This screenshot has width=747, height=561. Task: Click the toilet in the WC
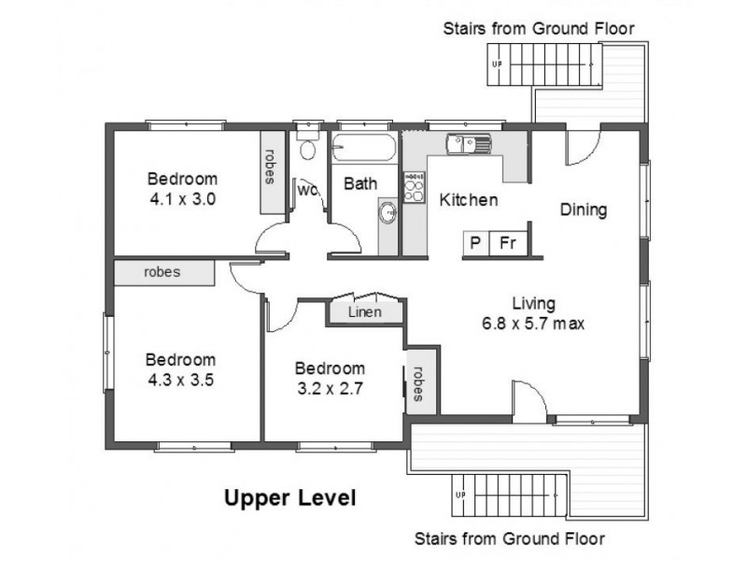point(308,145)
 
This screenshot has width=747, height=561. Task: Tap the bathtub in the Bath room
point(364,147)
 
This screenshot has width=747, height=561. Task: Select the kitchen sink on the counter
point(468,144)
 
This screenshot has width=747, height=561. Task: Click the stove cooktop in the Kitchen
point(414,188)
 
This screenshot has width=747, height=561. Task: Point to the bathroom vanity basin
point(388,212)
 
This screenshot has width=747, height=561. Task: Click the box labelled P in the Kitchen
point(475,243)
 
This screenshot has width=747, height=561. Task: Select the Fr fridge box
point(508,243)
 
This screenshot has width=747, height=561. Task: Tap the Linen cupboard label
point(365,312)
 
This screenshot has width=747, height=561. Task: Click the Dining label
point(583,209)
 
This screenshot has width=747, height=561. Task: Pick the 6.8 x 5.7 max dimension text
point(533,324)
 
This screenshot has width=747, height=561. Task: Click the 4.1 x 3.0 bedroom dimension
point(182,199)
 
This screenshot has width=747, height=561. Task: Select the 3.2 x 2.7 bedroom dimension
point(331,389)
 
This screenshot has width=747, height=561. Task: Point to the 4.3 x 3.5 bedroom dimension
point(180,381)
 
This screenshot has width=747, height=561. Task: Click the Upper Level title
point(290,498)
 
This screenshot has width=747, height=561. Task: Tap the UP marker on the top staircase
point(497,64)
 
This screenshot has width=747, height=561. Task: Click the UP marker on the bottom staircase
point(460,495)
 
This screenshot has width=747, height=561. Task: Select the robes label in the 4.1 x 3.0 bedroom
point(270,166)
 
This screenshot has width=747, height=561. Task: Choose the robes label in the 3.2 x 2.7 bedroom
point(418,384)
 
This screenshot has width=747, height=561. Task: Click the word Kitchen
point(469,200)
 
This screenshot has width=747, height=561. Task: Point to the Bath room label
point(360,183)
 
